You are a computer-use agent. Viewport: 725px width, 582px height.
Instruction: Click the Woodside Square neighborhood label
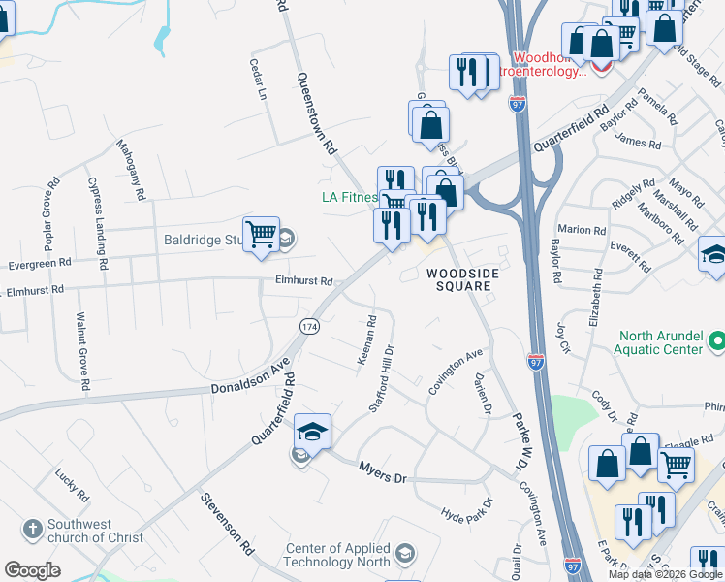tap(463, 280)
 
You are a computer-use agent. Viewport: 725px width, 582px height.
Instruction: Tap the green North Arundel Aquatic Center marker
tap(717, 341)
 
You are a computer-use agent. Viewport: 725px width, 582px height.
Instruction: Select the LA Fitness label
tap(349, 197)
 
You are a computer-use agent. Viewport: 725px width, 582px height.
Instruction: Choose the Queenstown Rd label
tap(316, 114)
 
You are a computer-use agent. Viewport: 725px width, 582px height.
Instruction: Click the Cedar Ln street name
tap(258, 80)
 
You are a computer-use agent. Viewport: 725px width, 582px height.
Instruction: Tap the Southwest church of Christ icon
tap(34, 529)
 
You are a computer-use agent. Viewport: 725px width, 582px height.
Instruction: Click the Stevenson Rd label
tap(227, 524)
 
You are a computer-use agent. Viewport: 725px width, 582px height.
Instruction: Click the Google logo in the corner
tap(33, 570)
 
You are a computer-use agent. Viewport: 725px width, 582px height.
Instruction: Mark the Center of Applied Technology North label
tap(337, 555)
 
